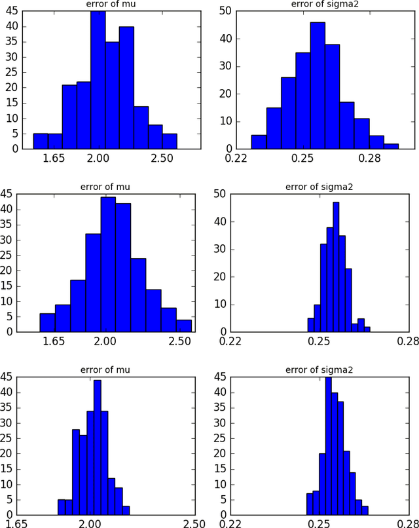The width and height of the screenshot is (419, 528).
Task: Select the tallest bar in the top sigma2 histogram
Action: pyautogui.click(x=318, y=86)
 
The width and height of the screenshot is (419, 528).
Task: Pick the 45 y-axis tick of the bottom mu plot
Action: pyautogui.click(x=7, y=377)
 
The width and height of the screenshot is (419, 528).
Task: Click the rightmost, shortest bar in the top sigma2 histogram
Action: pyautogui.click(x=390, y=145)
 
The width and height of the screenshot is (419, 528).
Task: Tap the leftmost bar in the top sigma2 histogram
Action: pyautogui.click(x=259, y=141)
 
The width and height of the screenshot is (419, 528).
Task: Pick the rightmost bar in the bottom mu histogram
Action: pyautogui.click(x=126, y=510)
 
